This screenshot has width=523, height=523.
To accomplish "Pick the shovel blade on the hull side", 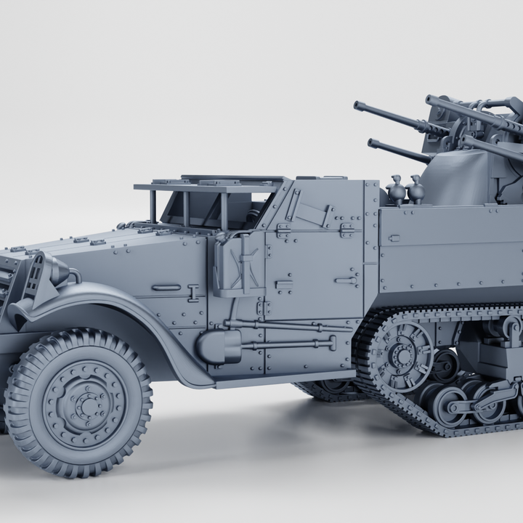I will coord(219,346).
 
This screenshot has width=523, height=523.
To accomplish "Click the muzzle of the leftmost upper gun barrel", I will coord(358,106).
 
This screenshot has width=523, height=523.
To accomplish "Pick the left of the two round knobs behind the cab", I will coord(396,190).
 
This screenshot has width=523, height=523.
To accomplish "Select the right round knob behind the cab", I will coord(416,190).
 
